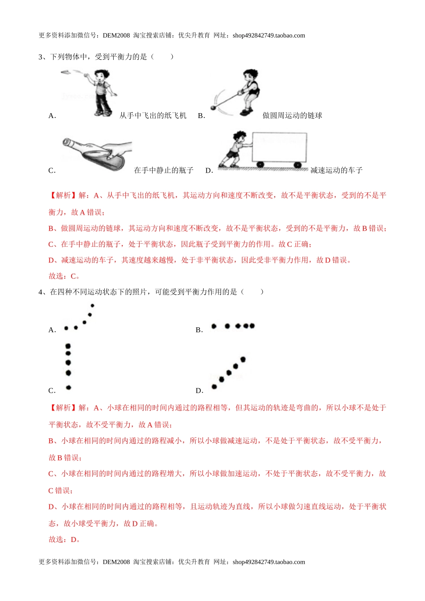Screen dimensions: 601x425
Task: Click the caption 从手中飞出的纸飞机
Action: [153, 115]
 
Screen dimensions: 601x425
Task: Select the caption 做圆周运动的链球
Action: [292, 115]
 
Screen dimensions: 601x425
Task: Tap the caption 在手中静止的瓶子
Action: [164, 170]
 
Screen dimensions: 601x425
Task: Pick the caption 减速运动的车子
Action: [336, 170]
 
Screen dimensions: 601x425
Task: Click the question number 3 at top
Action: [41, 57]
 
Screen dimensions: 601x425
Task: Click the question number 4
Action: [41, 292]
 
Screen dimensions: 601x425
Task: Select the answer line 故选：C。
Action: [64, 276]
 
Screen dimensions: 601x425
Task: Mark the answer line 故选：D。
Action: [64, 539]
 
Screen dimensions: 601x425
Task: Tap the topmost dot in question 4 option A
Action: [93, 306]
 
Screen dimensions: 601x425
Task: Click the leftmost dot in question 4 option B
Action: [214, 326]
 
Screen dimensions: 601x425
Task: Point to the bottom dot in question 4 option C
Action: [68, 387]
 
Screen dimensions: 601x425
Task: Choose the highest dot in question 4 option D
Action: [243, 359]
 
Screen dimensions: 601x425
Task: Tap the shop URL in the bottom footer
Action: [268, 562]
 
